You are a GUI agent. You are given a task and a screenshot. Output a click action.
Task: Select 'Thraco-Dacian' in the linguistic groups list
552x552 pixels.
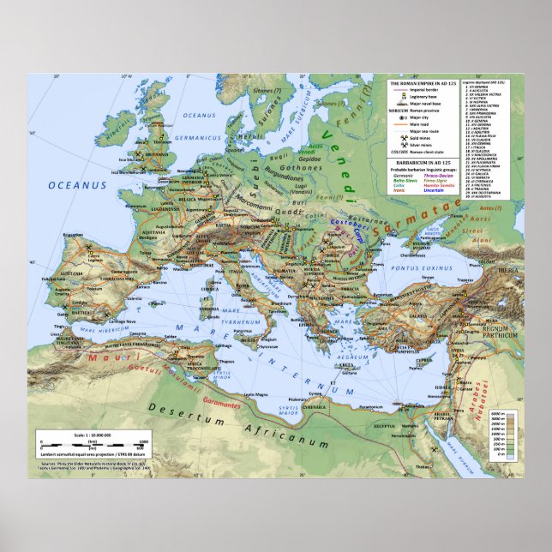point(445,174)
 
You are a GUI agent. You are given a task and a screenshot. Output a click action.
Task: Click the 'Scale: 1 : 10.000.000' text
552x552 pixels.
point(93,435)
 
